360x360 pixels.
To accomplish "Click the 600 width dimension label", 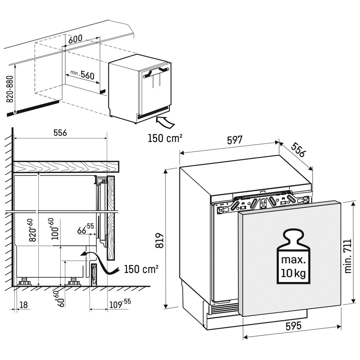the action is pos(75,39).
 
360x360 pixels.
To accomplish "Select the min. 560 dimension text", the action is pos(82,75).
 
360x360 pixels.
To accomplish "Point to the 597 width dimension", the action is pos(235,140).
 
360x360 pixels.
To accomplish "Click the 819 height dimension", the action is pos(159,240).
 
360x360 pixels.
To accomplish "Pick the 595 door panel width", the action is pos(294,325).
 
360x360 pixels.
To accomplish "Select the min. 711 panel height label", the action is pos(348,256).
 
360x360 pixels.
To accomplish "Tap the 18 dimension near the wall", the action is pos(24,305).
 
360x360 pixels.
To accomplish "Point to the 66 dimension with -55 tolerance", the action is pos(85,229).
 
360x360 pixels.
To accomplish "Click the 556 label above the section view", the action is pos(60,132).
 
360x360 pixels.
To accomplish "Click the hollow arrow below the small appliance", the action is pos(165,122).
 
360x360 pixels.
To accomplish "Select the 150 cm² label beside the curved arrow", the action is pos(141,269).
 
